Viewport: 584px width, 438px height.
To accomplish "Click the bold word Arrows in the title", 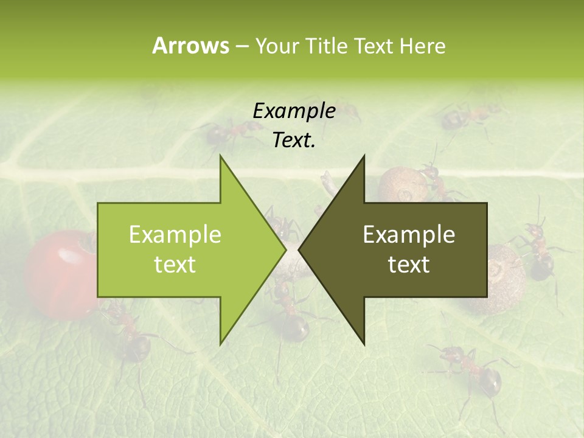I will [x=190, y=46].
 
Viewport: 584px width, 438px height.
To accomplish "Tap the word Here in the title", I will [x=422, y=46].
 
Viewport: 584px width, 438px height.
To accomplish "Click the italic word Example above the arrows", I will [x=294, y=111].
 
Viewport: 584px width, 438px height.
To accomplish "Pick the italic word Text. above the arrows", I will [x=294, y=141].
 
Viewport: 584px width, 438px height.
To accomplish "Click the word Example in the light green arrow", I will [x=175, y=235].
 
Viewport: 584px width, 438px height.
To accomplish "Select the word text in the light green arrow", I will [x=175, y=265].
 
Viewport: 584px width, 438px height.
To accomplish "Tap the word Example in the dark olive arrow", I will [x=409, y=235].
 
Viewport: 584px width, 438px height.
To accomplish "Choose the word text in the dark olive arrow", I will [x=409, y=265].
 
